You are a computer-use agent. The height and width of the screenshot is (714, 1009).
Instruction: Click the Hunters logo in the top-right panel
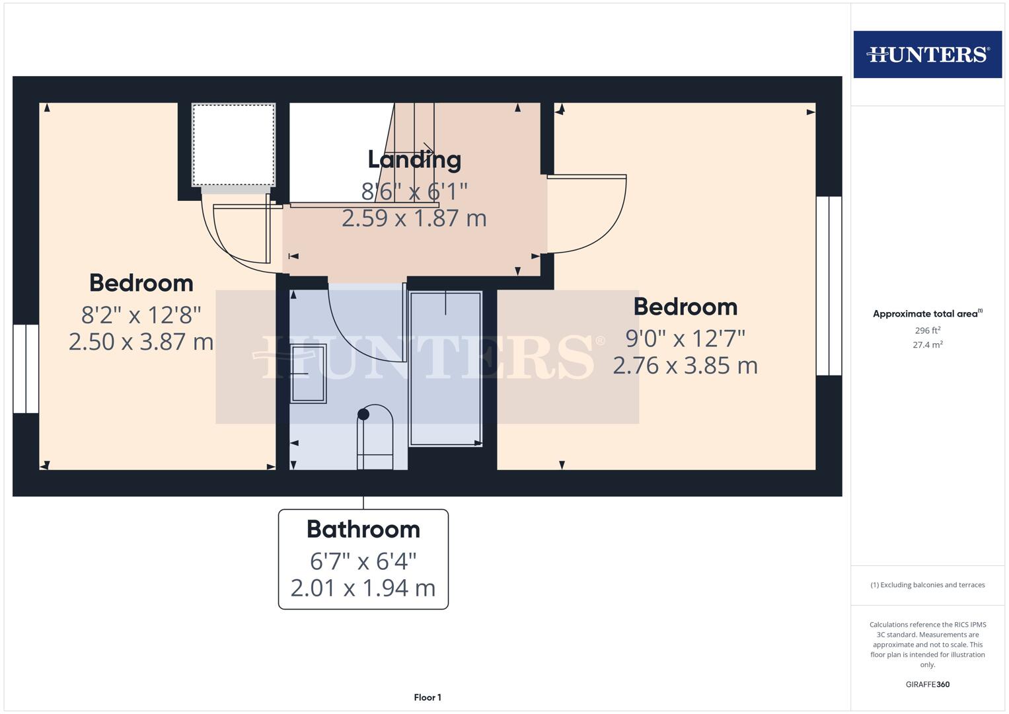tap(927, 54)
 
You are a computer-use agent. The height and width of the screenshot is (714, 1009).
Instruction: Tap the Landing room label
tap(414, 159)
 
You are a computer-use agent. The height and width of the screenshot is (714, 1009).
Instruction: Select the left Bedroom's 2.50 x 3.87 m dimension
tap(141, 342)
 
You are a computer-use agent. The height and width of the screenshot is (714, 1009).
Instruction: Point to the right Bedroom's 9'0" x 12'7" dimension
tap(685, 338)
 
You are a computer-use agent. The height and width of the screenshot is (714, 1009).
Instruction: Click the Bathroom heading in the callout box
tap(363, 530)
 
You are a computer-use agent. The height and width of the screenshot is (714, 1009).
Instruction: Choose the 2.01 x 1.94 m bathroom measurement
tap(363, 588)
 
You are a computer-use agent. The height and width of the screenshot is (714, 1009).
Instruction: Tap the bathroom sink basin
tap(308, 374)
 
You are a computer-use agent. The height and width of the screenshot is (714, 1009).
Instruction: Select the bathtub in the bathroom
tap(445, 368)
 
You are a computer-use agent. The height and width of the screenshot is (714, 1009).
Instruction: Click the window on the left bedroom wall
tap(26, 368)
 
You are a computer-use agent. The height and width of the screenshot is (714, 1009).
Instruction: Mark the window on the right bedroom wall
tap(829, 286)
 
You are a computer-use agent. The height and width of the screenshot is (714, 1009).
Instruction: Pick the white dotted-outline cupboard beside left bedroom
tap(233, 144)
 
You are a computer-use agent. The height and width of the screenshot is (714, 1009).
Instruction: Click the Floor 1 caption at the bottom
tap(428, 697)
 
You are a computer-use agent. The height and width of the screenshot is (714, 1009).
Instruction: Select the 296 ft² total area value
tap(927, 331)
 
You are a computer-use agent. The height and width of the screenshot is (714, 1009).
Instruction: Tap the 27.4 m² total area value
tap(927, 344)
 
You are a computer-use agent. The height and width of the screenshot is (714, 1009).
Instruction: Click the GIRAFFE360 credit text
tap(927, 684)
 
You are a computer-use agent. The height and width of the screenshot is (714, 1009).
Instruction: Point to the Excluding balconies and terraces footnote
tap(927, 585)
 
